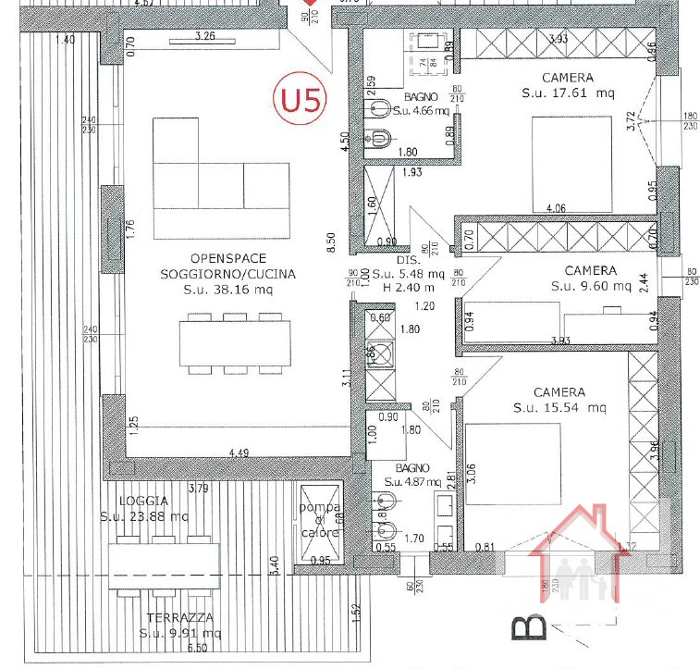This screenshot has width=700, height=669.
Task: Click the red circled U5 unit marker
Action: click(x=301, y=99)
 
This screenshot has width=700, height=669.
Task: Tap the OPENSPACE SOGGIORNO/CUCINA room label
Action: click(x=227, y=266)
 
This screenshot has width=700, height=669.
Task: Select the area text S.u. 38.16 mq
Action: click(x=227, y=291)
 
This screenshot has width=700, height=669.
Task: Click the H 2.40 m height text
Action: click(x=420, y=286)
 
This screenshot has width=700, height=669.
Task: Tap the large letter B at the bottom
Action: click(x=527, y=626)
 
